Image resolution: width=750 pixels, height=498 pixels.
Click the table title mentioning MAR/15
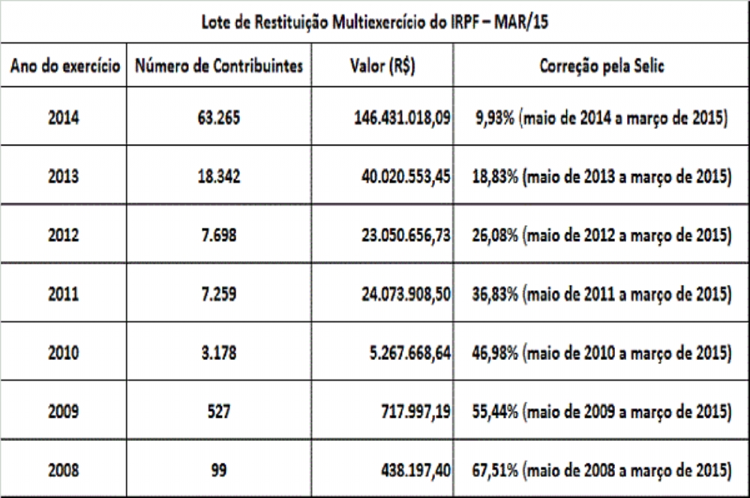point(375,22)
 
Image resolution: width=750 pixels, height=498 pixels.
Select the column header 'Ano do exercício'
point(66,66)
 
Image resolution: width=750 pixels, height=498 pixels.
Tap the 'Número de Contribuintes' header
point(219,66)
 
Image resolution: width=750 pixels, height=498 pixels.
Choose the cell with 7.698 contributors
point(219,234)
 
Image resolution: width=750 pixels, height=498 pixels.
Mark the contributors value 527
point(219,412)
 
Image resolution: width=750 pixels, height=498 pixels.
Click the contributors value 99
point(219,471)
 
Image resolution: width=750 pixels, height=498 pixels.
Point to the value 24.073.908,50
point(402,293)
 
